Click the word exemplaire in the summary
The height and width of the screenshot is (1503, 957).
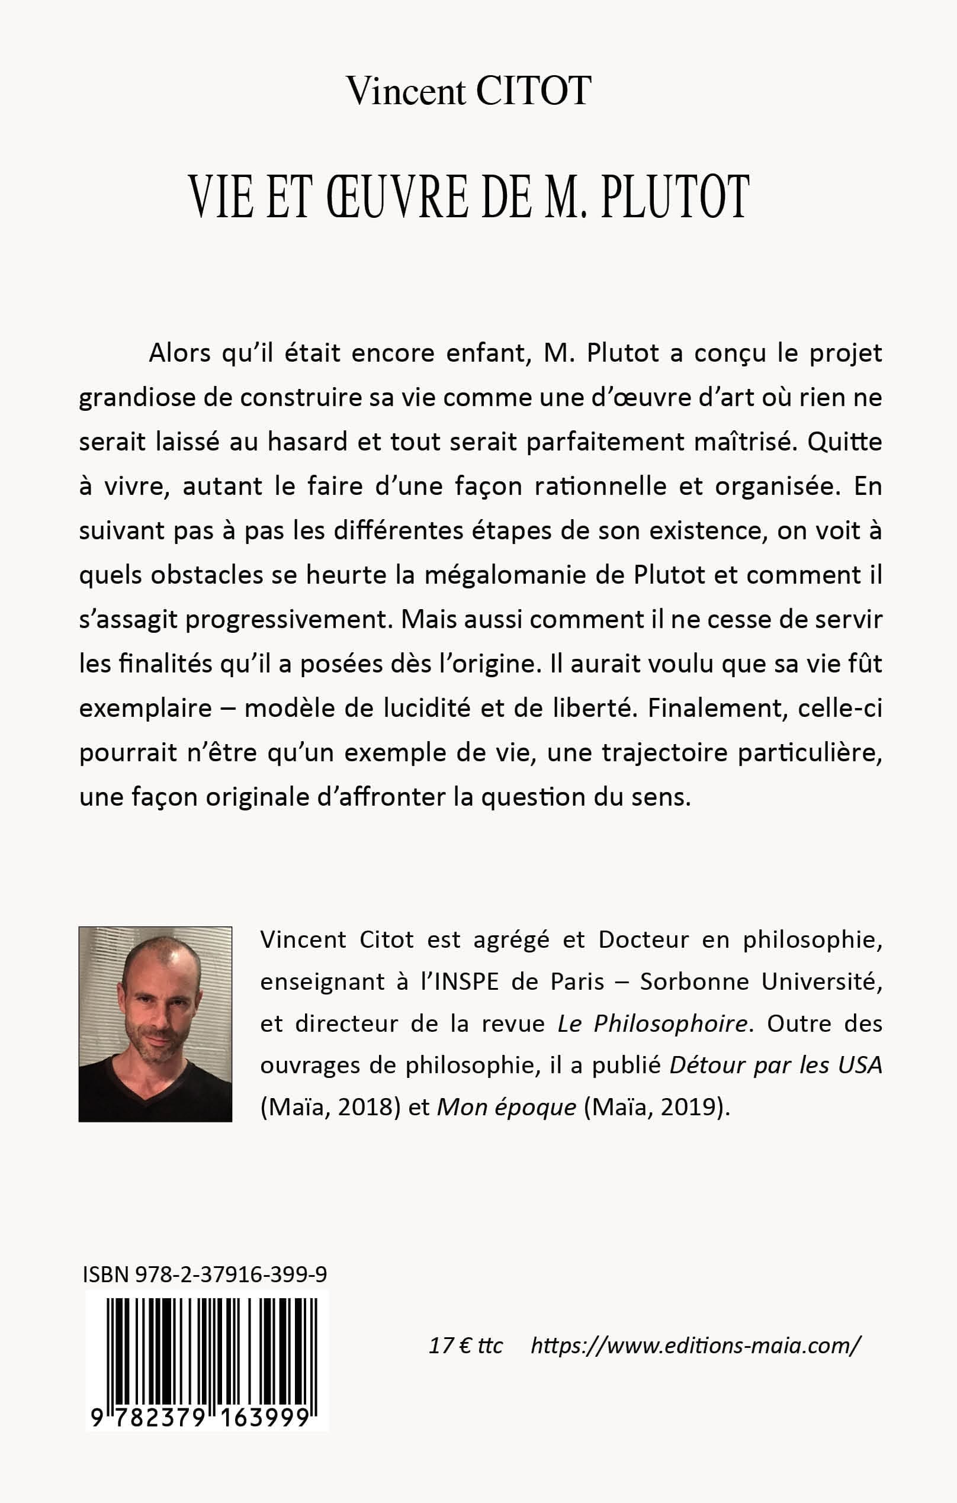point(145,709)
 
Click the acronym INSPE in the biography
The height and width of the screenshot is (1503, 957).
point(458,982)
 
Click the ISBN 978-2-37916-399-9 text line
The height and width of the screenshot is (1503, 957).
point(205,1274)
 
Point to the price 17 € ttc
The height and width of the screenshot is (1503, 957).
point(465,1344)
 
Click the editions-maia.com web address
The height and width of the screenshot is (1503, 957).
point(695,1344)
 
